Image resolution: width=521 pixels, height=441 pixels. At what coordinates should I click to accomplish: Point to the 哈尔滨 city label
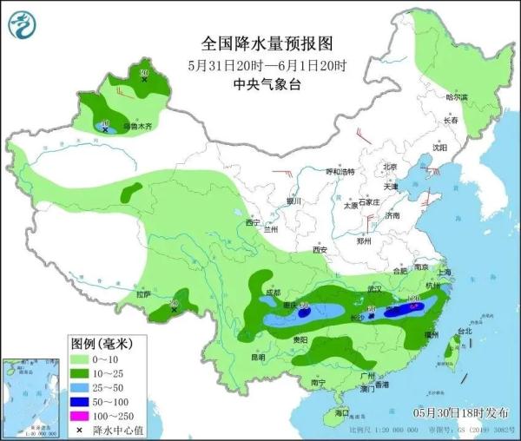click(456, 97)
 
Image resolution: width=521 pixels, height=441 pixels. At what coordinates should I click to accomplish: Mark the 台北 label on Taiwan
click(464, 330)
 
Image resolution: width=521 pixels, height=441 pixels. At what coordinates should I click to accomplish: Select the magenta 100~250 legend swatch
click(81, 417)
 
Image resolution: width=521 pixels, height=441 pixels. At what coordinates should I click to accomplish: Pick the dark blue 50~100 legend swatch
click(81, 402)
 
